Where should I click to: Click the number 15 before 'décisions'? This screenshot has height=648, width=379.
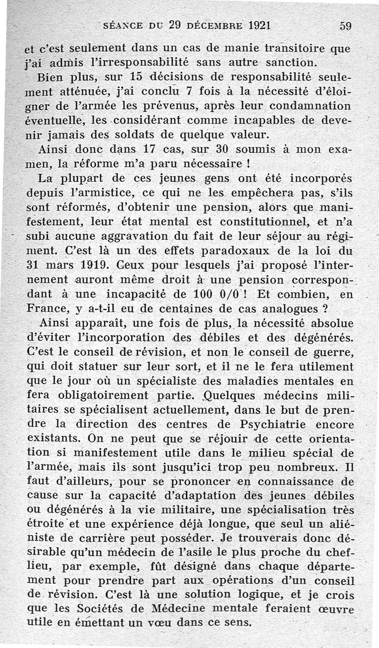click(136, 78)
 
